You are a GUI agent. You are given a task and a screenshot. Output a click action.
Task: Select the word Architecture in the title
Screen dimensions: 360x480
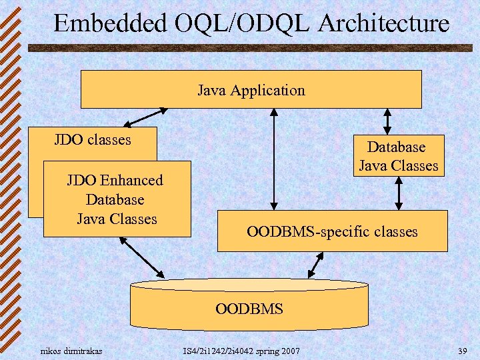point(384,24)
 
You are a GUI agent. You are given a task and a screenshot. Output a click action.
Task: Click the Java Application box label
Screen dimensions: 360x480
point(251,90)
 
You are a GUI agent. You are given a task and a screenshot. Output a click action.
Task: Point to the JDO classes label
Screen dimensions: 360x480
point(93,140)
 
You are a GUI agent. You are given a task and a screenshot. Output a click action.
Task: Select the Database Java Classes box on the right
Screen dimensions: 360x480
point(398,156)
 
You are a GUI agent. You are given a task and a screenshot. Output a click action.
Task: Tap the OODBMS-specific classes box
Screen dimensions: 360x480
point(332,232)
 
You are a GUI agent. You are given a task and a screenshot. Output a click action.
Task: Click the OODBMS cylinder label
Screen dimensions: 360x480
point(249,309)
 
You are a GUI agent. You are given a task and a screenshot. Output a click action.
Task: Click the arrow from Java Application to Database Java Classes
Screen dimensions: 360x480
point(387,121)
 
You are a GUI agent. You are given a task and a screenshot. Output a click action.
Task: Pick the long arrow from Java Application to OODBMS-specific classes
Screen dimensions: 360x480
point(272,159)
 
